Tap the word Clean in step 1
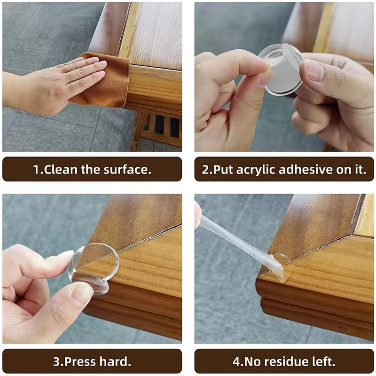(x=60, y=170)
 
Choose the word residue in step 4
(x=284, y=362)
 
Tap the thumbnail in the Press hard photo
(x=81, y=294)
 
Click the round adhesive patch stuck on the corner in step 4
(x=280, y=267)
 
